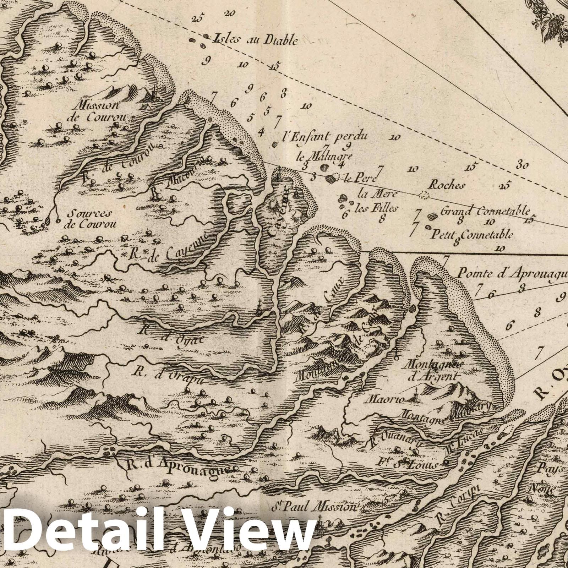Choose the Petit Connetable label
pyautogui.click(x=472, y=234)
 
